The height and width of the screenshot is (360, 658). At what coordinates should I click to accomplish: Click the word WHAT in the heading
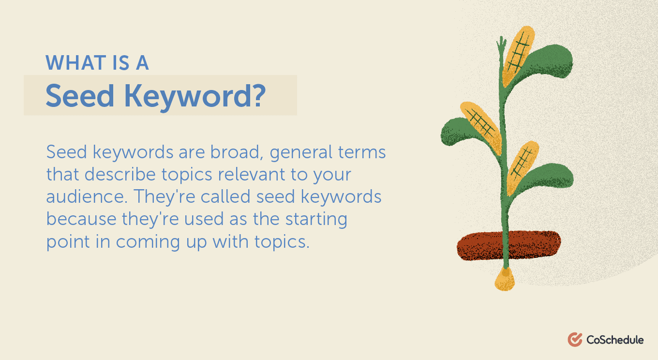(x=76, y=62)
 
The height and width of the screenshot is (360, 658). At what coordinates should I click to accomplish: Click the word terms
(x=362, y=152)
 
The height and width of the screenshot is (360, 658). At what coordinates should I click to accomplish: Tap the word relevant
(x=251, y=174)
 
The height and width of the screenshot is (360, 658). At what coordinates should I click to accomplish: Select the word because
(x=81, y=219)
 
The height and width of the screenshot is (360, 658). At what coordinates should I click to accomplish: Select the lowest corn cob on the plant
(x=523, y=168)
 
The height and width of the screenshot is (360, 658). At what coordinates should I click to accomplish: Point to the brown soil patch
(x=508, y=245)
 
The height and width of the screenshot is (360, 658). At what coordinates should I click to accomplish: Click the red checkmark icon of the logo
(x=575, y=340)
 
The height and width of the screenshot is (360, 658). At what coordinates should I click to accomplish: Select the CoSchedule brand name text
(x=615, y=340)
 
